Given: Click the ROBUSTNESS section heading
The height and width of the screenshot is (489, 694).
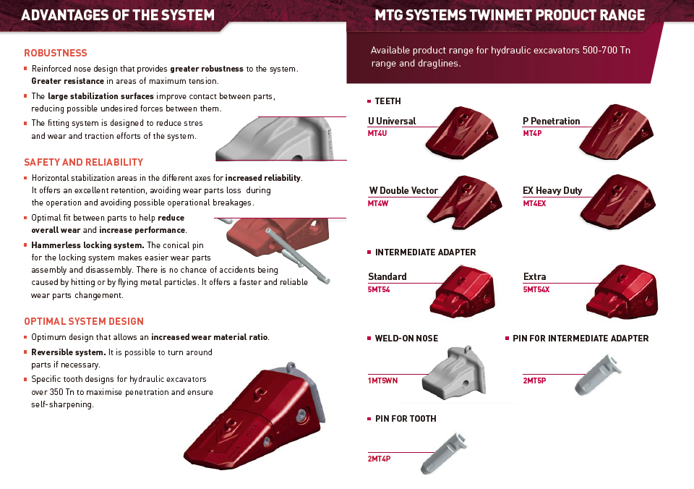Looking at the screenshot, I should pos(56,53).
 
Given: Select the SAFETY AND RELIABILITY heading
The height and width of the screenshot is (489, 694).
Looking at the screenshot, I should pos(84,162).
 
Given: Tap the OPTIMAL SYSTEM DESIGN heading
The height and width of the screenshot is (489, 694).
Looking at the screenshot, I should pos(84,321).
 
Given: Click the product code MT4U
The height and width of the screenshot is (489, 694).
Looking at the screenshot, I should pos(377,133).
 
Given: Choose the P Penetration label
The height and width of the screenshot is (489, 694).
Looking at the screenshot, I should pos(551,121).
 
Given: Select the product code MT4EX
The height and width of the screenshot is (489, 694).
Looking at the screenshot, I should pos(534,203).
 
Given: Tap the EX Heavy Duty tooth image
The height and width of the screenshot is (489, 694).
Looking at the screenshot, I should pos(618,199).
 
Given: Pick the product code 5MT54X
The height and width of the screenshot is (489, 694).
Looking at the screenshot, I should pos(536,289).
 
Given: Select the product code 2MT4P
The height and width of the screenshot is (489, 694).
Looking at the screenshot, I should pos(379,459).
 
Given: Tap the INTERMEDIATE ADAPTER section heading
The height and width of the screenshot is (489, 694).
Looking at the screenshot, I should pos(425,252).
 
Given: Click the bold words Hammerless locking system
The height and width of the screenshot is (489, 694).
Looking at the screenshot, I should pos(87,245).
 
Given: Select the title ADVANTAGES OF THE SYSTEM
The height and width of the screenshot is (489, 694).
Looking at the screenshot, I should pos(118,15).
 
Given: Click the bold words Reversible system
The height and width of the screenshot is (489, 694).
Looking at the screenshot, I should pos(69,352).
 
